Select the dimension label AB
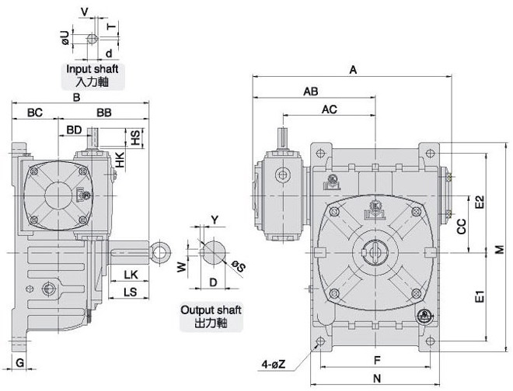(x=310, y=91)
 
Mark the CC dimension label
(x=460, y=227)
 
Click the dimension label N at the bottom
(x=375, y=379)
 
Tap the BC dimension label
(x=35, y=112)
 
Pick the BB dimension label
(x=105, y=112)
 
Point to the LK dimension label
(x=130, y=275)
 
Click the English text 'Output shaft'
(x=211, y=310)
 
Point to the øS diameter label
(x=238, y=268)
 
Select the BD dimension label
(x=75, y=129)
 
